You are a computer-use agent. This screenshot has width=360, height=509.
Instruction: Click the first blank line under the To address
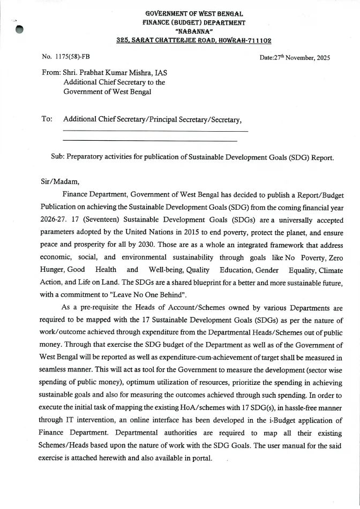click(x=155, y=131)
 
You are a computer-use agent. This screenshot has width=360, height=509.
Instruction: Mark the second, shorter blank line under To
click(x=150, y=141)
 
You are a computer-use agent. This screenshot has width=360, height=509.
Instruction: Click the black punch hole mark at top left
click(x=20, y=29)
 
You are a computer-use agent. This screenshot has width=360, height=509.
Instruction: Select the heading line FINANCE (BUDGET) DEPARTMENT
click(x=194, y=22)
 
